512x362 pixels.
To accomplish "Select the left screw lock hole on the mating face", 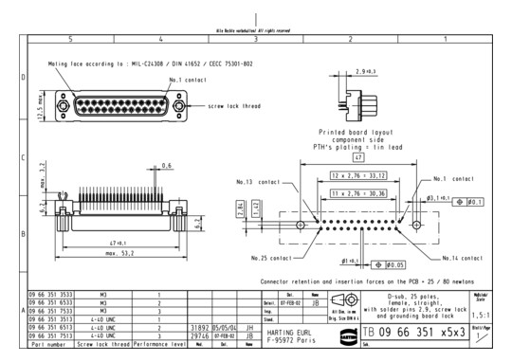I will click(63, 106).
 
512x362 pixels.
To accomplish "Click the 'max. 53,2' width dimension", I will click(115, 254).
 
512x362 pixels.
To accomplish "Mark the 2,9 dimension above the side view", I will click(365, 72).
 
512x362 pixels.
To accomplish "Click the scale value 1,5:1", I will click(490, 314).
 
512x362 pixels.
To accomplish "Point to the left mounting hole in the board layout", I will click(301, 226).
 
